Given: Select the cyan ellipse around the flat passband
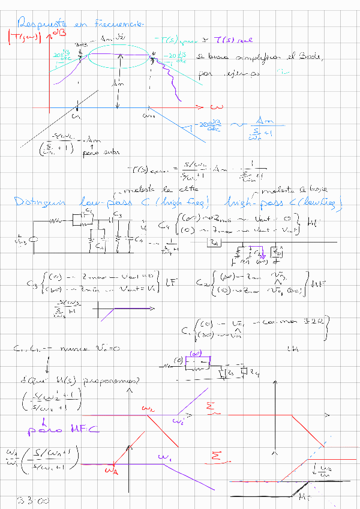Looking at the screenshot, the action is (x=119, y=55).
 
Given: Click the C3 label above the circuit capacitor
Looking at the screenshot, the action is (x=118, y=214).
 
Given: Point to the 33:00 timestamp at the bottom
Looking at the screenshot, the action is (x=28, y=500).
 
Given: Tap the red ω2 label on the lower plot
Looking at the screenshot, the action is (x=148, y=408).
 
